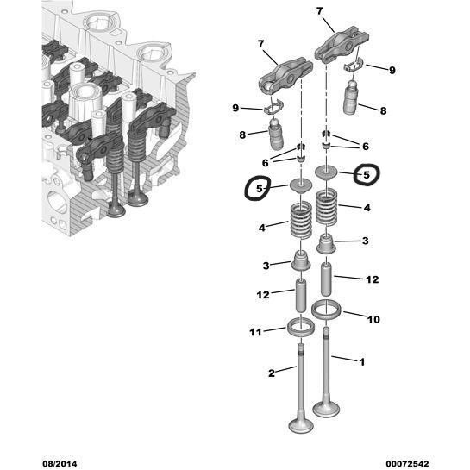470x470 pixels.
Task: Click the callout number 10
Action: click(x=373, y=319)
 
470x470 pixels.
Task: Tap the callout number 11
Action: click(x=255, y=332)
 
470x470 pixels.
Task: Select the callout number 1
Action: click(x=362, y=362)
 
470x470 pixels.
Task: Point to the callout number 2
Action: click(x=272, y=373)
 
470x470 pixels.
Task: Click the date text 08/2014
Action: click(x=60, y=464)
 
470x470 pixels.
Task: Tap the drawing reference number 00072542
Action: click(x=407, y=464)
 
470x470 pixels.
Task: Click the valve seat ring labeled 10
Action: click(x=326, y=310)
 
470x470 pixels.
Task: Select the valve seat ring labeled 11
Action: click(x=301, y=328)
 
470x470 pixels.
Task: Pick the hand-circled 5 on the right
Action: click(x=367, y=175)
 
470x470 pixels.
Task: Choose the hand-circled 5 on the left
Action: click(x=259, y=188)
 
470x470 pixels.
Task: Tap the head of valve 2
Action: click(x=301, y=425)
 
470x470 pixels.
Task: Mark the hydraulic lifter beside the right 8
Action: click(x=352, y=97)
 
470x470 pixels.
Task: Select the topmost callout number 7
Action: click(x=320, y=11)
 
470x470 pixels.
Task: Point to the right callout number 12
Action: click(x=373, y=279)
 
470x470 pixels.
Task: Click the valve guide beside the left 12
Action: click(x=301, y=295)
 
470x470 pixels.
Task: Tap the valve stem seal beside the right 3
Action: click(x=326, y=244)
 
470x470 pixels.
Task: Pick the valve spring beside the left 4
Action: click(x=301, y=220)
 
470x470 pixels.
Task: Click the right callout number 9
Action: click(x=392, y=71)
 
